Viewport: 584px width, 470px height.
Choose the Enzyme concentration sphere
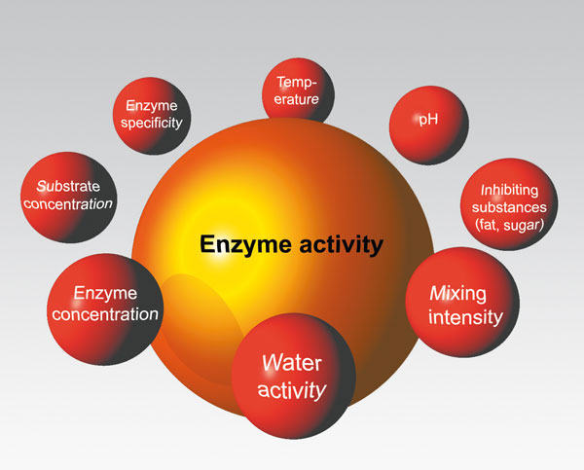(x=104, y=304)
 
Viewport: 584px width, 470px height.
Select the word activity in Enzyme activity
(x=335, y=244)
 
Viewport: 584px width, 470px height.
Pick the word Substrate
(x=68, y=185)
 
